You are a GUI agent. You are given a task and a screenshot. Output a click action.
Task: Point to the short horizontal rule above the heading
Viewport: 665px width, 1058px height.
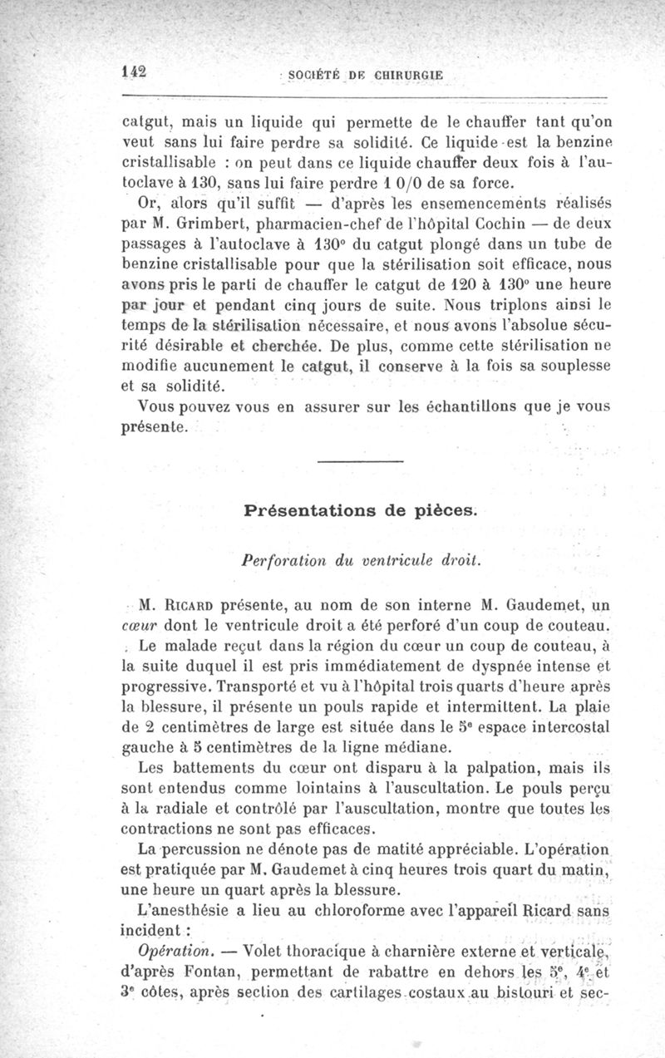click(360, 461)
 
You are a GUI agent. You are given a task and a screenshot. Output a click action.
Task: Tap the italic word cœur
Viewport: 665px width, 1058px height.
click(137, 625)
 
